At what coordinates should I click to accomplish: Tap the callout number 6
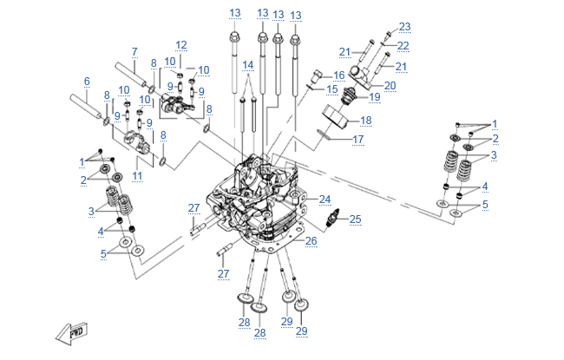[x=87, y=82]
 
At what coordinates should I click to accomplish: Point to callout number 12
[x=180, y=44]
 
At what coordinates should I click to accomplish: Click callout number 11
[x=136, y=176]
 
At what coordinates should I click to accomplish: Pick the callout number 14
[x=248, y=65]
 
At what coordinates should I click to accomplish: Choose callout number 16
[x=338, y=75]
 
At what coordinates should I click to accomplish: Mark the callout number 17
[x=357, y=139]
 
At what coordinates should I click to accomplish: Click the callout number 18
[x=365, y=121]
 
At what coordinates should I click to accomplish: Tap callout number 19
[x=376, y=97]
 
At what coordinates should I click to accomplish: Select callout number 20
[x=390, y=85]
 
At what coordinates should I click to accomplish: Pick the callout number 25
[x=355, y=219]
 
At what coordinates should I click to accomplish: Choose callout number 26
[x=311, y=241]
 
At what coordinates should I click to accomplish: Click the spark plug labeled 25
[x=331, y=221]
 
